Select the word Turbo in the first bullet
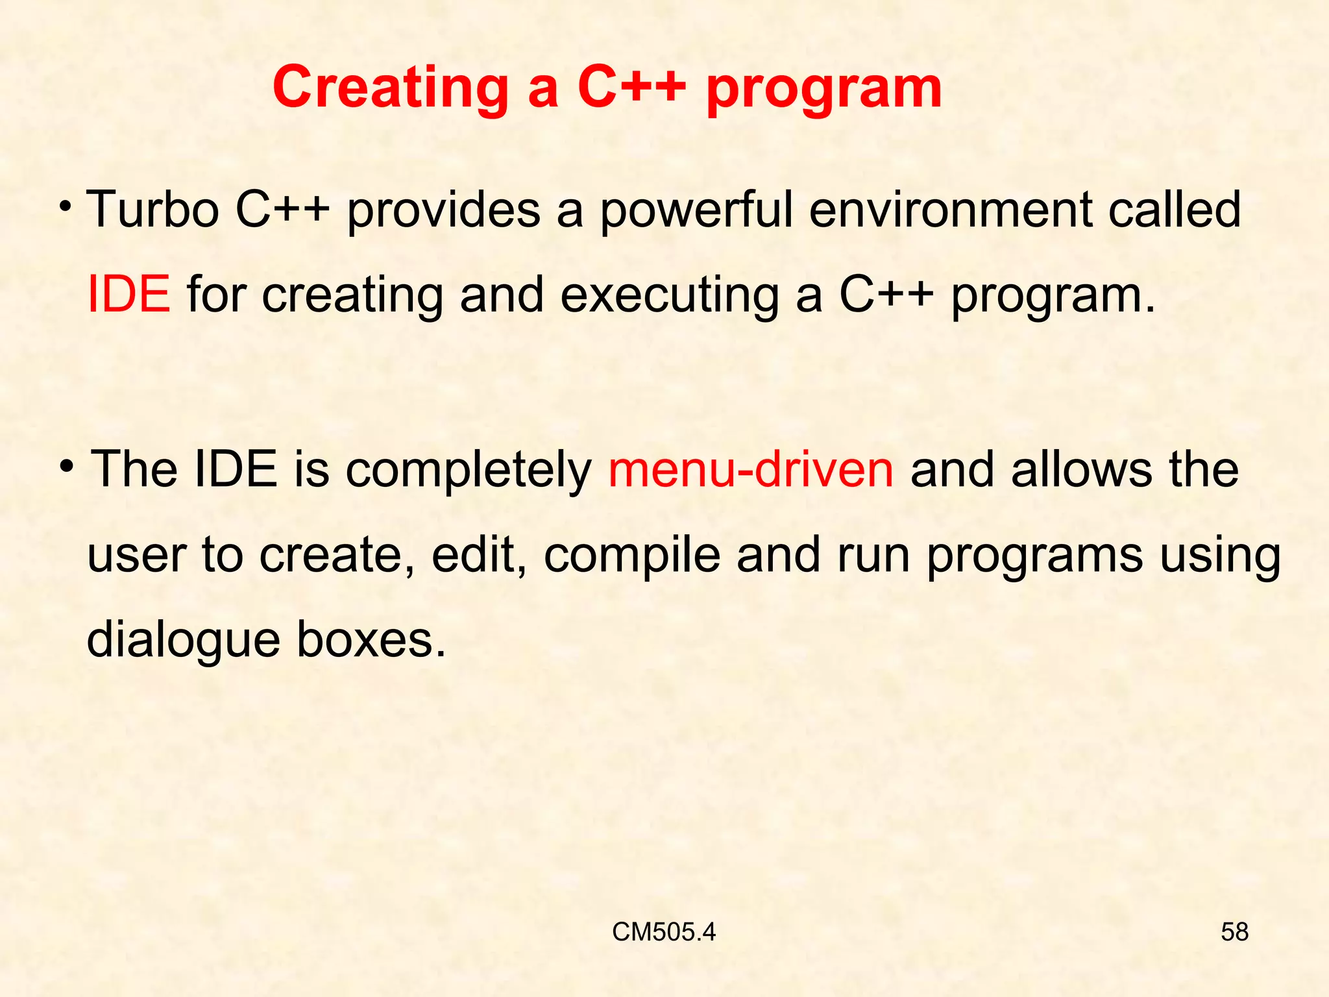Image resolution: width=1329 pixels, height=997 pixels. [152, 209]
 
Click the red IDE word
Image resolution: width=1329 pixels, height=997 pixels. [128, 295]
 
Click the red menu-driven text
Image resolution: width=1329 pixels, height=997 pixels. [751, 469]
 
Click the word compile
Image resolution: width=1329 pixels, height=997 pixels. [631, 556]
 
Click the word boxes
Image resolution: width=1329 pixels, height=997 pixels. [371, 640]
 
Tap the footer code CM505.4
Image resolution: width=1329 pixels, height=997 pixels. [663, 932]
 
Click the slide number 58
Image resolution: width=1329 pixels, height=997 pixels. [1234, 932]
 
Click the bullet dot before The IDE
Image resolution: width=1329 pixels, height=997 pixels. [67, 466]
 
